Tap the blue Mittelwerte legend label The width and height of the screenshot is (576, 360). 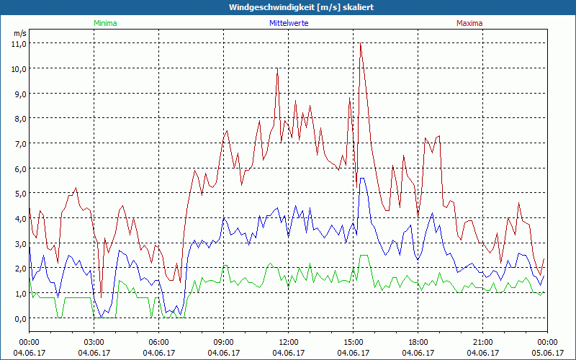click(287, 23)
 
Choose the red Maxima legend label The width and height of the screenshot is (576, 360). click(469, 23)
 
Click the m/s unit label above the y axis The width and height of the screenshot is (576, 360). click(19, 33)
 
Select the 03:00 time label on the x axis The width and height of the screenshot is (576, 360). click(94, 342)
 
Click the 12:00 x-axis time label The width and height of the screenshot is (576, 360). click(289, 342)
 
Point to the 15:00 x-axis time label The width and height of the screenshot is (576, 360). click(354, 342)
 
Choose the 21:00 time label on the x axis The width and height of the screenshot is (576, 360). click(483, 342)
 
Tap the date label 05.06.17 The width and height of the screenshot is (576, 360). click(548, 353)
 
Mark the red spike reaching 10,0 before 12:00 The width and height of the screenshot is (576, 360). click(277, 69)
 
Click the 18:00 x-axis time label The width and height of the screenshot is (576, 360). click(418, 342)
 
